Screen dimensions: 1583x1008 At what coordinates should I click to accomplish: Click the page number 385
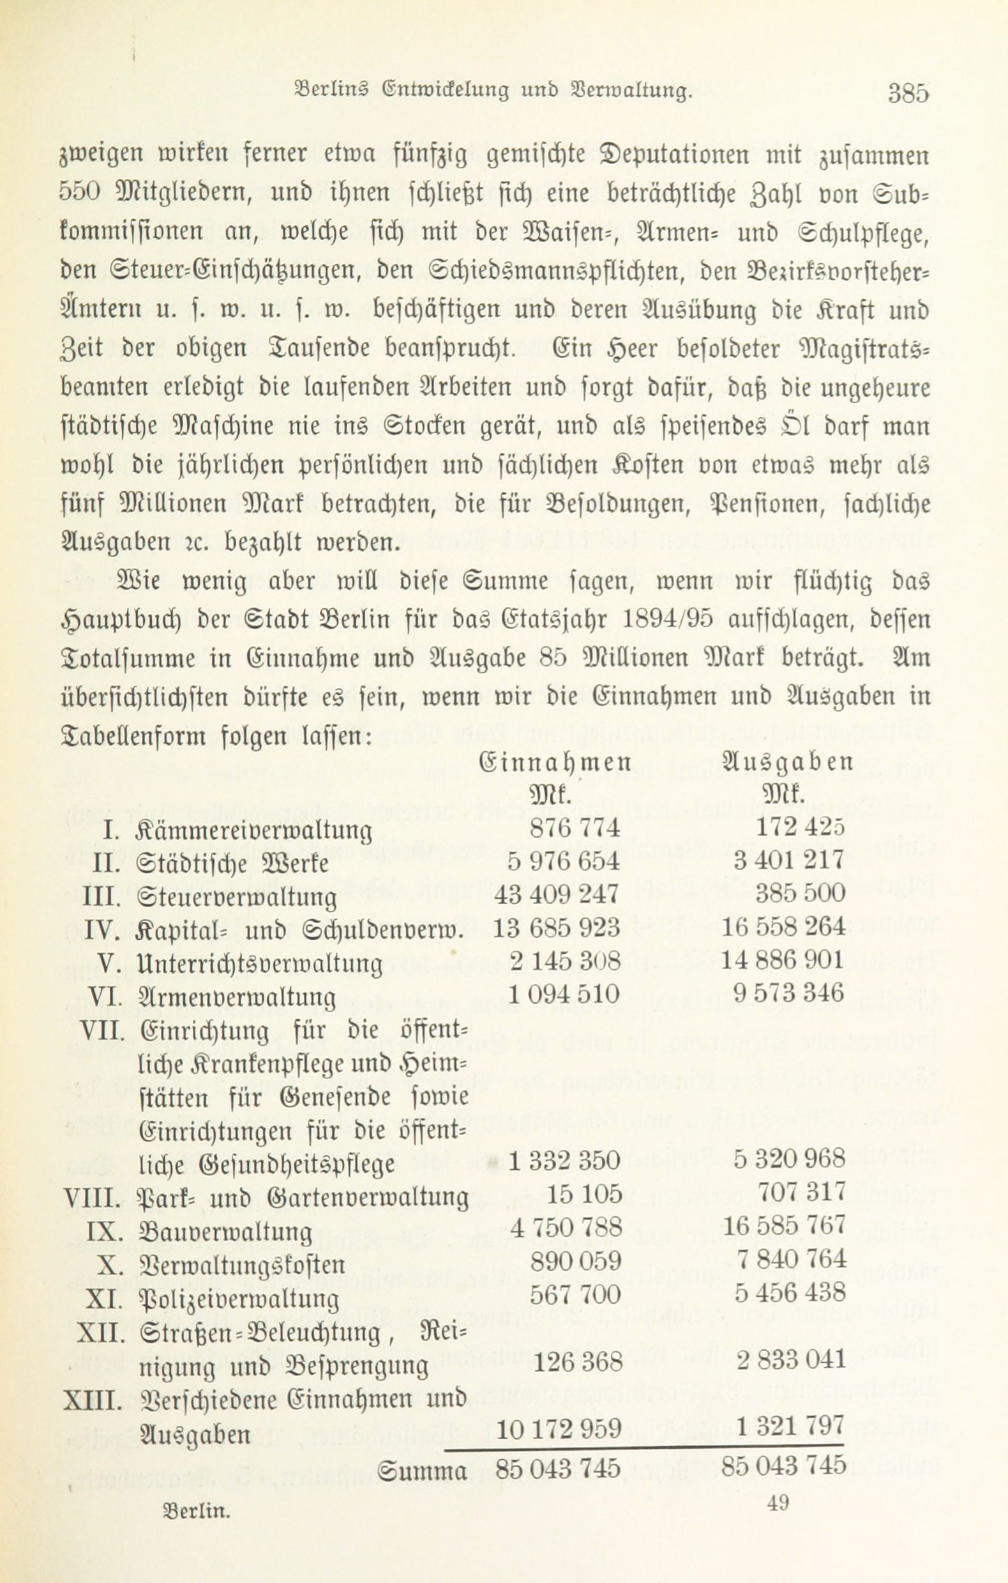908,93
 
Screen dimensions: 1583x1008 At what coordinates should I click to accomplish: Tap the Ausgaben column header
787,763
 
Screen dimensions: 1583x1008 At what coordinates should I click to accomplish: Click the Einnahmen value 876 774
565,828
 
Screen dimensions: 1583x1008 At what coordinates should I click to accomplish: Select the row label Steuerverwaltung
239,896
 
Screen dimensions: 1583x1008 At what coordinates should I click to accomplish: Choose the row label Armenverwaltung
238,996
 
